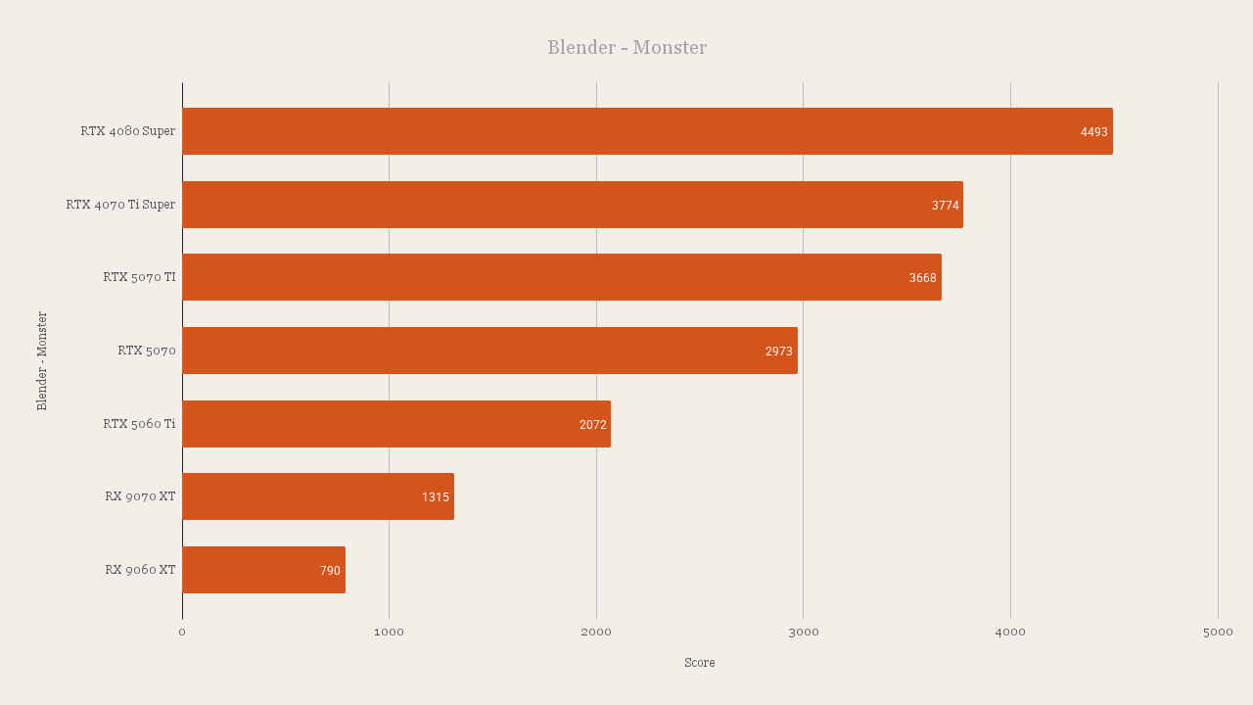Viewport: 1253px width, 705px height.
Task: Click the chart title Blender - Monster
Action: coord(626,47)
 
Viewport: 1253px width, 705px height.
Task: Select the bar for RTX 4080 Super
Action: coord(647,131)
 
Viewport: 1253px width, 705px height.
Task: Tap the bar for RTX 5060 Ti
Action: coord(396,424)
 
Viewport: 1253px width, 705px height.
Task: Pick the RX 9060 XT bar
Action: coord(263,570)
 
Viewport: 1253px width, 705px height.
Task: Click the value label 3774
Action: coord(945,206)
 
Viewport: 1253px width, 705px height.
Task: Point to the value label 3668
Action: coord(922,278)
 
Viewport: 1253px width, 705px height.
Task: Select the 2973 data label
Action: coord(778,352)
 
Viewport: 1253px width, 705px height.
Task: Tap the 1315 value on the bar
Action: coord(435,497)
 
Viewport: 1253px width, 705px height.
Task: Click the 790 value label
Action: coord(330,571)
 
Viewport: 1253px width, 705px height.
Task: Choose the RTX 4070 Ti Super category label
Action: coord(120,205)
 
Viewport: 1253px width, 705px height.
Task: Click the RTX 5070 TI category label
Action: coord(139,277)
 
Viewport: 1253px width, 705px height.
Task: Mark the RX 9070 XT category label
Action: coord(140,496)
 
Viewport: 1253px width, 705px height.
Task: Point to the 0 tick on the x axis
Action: coord(182,633)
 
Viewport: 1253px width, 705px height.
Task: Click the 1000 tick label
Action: coord(389,633)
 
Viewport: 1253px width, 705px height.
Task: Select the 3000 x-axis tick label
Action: coord(803,633)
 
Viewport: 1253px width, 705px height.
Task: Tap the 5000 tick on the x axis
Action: coord(1218,633)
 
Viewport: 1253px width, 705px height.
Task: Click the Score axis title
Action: coord(699,663)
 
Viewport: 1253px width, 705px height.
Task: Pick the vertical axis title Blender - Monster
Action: coord(42,360)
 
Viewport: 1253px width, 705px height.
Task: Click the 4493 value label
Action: coord(1093,132)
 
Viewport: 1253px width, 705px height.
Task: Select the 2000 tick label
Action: coord(596,633)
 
